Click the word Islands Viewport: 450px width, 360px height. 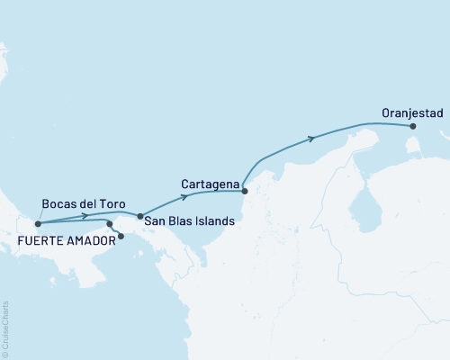tap(216, 220)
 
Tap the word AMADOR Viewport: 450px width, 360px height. tap(94, 241)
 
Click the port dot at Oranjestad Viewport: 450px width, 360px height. tap(413, 127)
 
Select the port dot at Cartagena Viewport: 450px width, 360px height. tap(244, 191)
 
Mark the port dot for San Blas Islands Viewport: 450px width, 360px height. tap(139, 216)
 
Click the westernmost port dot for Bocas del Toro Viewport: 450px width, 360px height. tap(37, 224)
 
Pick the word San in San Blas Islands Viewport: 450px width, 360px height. tap(157, 220)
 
